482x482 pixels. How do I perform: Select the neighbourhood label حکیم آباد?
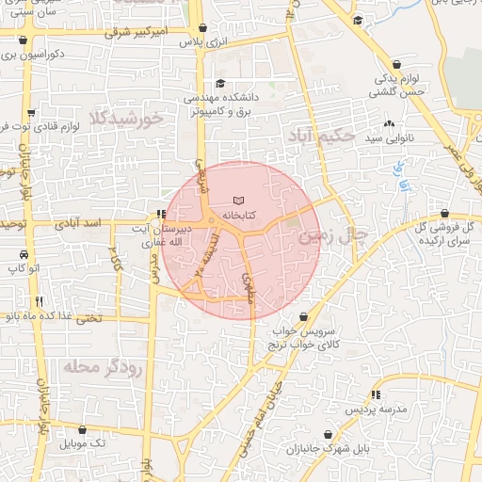(x=324, y=136)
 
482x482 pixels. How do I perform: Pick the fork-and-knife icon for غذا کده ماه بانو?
(x=39, y=301)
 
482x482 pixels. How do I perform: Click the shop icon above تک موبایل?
(x=82, y=429)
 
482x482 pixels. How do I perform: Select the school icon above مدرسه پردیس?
(x=377, y=395)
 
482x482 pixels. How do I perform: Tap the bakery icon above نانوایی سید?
(x=390, y=123)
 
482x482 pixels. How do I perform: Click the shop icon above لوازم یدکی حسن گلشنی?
(x=396, y=64)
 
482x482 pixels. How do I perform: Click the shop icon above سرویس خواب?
(x=303, y=317)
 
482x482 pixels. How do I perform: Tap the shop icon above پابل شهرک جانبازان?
(x=327, y=434)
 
